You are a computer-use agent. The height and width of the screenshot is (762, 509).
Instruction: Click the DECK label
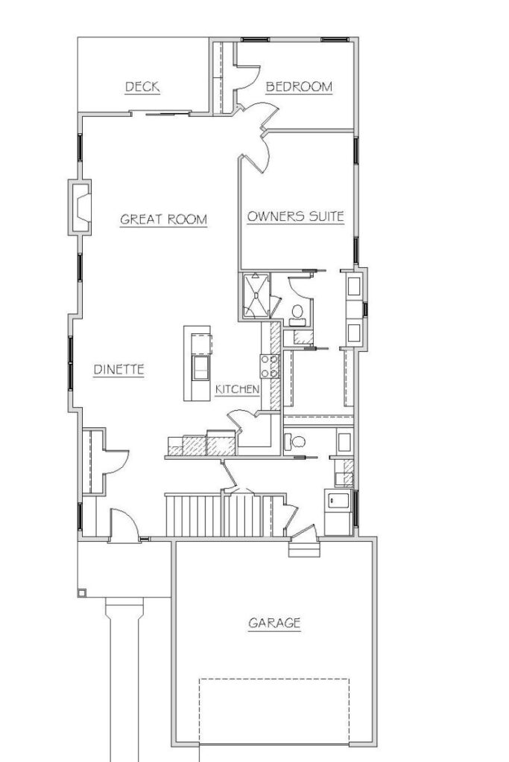point(142,87)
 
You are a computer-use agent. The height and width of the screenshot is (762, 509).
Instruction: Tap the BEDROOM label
point(299,87)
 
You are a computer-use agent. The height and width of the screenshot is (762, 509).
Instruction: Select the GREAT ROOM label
point(163,220)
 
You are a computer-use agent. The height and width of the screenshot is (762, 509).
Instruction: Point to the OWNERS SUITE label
point(295,217)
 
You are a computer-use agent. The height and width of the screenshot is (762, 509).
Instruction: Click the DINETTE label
point(118,370)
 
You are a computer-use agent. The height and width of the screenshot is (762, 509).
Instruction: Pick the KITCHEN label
point(237,389)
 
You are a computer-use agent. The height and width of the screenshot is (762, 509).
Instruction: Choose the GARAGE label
point(274,623)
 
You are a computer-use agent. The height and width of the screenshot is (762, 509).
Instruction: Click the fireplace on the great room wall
point(80,208)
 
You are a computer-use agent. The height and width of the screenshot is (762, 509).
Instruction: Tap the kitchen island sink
point(200,368)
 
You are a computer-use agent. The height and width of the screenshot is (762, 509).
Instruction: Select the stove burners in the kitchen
point(269,366)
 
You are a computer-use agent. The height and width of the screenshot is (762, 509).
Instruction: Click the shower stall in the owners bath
point(256,296)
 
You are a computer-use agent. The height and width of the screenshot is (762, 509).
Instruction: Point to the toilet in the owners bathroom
point(297,316)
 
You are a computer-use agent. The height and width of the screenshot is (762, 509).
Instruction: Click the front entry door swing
point(124,524)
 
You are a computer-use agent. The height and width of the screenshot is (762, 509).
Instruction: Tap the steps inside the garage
point(304,548)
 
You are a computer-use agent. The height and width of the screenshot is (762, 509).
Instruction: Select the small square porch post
point(82,593)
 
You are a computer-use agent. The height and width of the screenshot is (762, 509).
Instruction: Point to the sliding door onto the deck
point(161,115)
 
